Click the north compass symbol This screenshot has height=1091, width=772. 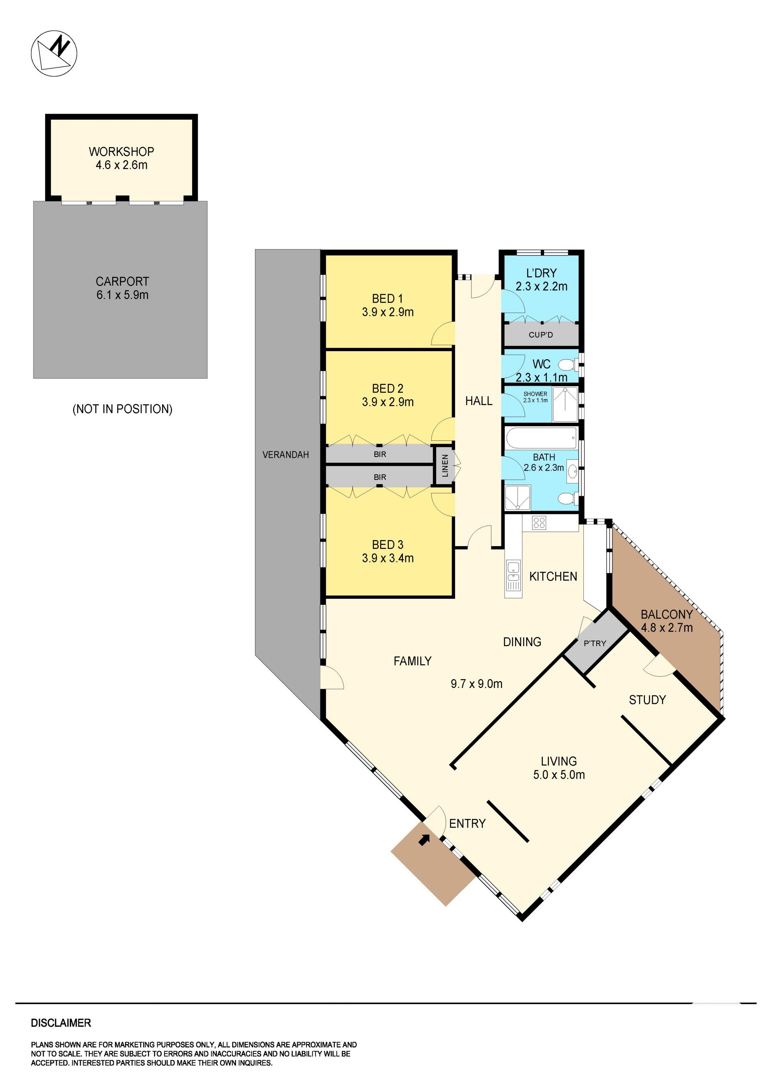(54, 53)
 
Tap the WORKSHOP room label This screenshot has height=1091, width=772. (122, 151)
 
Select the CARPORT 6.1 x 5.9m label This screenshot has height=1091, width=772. (123, 288)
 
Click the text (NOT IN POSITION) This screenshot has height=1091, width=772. (122, 409)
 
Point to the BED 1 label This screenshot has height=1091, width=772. (388, 299)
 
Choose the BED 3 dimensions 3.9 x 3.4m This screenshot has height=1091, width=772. (388, 558)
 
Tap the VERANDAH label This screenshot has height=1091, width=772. (286, 455)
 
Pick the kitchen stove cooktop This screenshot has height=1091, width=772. (539, 523)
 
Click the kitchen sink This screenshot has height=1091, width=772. (513, 575)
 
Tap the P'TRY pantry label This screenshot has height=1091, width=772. (595, 643)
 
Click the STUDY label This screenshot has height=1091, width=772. (647, 700)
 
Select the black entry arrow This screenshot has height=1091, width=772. (424, 840)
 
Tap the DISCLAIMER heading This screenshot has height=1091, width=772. (61, 1023)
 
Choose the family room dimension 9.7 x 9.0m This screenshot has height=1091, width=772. (476, 684)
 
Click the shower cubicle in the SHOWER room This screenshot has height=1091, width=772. (565, 404)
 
